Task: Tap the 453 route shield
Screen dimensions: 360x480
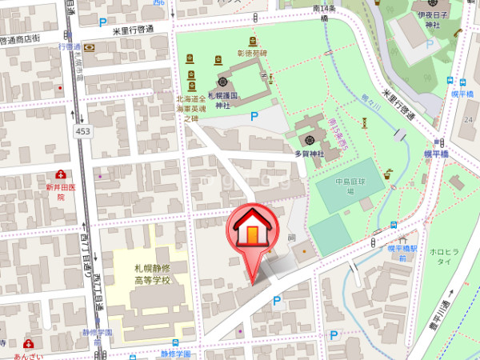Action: pyautogui.click(x=82, y=130)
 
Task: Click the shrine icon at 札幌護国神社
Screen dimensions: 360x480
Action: pyautogui.click(x=222, y=82)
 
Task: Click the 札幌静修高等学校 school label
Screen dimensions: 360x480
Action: pyautogui.click(x=152, y=275)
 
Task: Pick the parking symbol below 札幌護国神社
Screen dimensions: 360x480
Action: pyautogui.click(x=255, y=116)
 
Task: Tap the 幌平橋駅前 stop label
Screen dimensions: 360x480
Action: pyautogui.click(x=401, y=253)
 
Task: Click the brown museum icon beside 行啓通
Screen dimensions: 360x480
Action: pyautogui.click(x=89, y=47)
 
